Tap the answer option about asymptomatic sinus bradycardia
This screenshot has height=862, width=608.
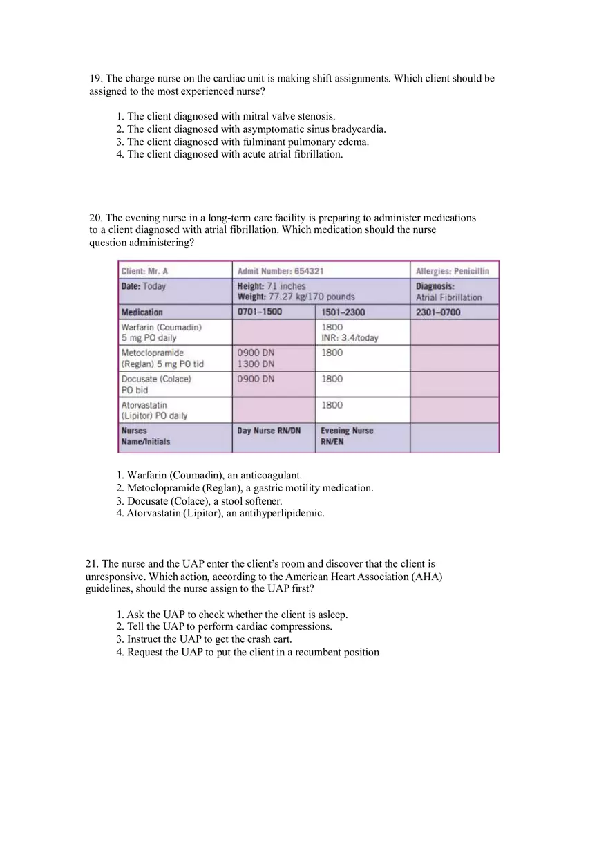(251, 129)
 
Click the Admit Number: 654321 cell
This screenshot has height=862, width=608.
(281, 271)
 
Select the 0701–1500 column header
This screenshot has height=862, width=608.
(260, 312)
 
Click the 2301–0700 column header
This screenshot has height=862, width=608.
(438, 312)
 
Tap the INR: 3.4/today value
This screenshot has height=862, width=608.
(350, 338)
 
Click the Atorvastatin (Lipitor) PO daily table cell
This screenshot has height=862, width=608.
(154, 411)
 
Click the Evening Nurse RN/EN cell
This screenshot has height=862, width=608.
(346, 436)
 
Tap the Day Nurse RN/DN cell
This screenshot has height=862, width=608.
(269, 431)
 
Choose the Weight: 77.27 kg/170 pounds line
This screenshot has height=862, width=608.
(296, 297)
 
